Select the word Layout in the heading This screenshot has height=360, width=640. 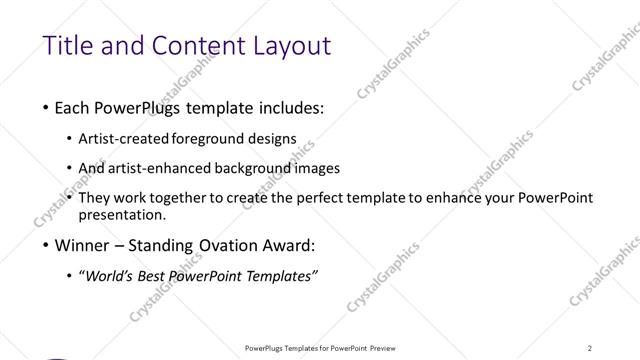point(286,47)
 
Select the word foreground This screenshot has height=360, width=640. point(213,139)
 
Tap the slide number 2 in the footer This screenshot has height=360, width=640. point(590,347)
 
